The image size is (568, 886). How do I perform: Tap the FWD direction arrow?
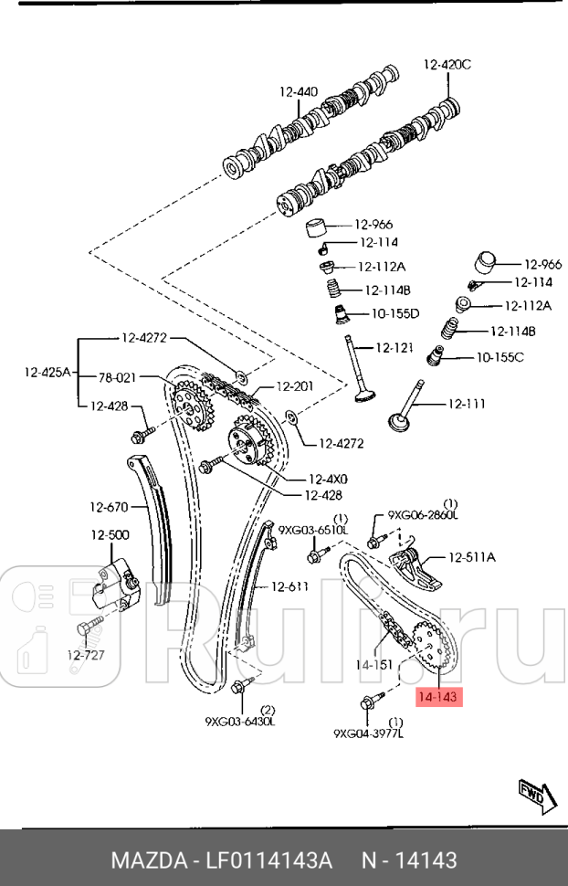(531, 796)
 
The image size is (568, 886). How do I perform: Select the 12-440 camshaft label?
(299, 91)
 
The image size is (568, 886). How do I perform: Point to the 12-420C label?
(447, 64)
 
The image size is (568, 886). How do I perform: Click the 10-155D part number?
(394, 313)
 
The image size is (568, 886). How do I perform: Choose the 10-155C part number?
(500, 356)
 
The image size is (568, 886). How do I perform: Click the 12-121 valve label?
(396, 348)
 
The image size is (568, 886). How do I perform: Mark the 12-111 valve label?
(466, 404)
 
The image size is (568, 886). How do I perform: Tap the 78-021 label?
(117, 376)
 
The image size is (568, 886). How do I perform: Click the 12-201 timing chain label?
(294, 386)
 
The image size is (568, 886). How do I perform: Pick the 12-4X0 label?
(328, 479)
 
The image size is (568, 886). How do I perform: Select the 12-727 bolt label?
(87, 654)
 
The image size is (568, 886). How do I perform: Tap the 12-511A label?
(471, 557)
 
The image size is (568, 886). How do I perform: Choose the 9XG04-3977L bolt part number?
(369, 733)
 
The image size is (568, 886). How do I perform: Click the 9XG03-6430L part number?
(240, 722)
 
